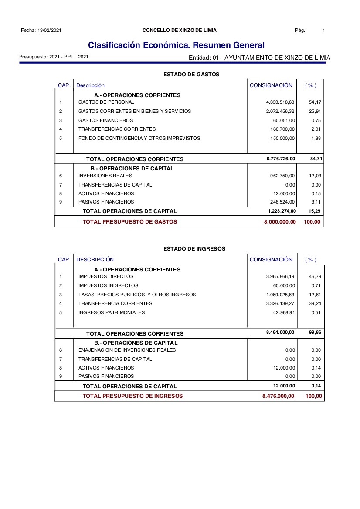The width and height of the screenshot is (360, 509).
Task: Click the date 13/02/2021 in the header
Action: coord(49,30)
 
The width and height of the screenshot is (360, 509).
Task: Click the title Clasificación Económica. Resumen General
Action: coord(176,45)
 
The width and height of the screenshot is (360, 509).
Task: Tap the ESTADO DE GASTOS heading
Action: coord(191,75)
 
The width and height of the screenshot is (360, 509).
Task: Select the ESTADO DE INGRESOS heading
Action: coord(194,248)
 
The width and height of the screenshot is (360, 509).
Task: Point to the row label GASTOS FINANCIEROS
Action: coord(105,120)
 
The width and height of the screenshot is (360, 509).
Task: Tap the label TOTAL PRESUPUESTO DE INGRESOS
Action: coord(133,396)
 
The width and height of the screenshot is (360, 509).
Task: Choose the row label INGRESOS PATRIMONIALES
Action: coord(112,312)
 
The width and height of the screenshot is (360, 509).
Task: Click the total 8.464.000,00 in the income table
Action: coord(280,333)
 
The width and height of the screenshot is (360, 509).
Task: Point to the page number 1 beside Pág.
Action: coord(324,30)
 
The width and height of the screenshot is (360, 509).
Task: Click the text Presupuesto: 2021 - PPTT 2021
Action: coord(54,57)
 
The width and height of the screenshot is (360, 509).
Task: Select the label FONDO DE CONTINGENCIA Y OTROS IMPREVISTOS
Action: coord(139,138)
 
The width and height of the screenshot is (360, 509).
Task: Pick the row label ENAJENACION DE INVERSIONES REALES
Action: coord(127,350)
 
